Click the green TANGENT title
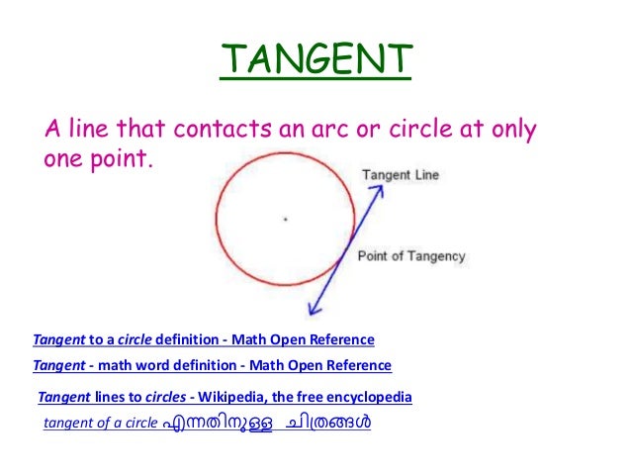[x=315, y=61]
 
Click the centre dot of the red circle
[x=285, y=219]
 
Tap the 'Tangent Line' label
[x=401, y=176]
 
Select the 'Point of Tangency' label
[x=411, y=256]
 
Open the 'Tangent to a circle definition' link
[x=204, y=339]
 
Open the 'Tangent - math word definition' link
[x=212, y=365]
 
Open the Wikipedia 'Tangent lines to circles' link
[x=225, y=398]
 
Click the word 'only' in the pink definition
[x=512, y=130]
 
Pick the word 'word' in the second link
[x=171, y=365]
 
